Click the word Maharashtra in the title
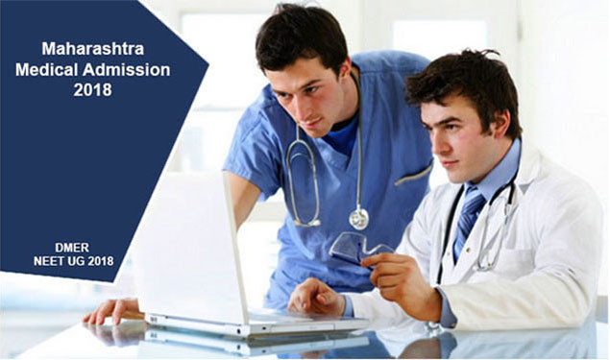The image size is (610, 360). point(93,49)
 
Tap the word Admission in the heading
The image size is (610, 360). point(127,69)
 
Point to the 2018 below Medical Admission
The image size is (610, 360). point(92,90)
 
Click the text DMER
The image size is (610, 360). point(72,248)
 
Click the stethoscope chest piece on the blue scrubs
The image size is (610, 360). point(358,218)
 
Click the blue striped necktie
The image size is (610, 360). point(469,218)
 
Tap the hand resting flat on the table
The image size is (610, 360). point(112,310)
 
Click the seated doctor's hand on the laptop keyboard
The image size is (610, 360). point(316,297)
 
